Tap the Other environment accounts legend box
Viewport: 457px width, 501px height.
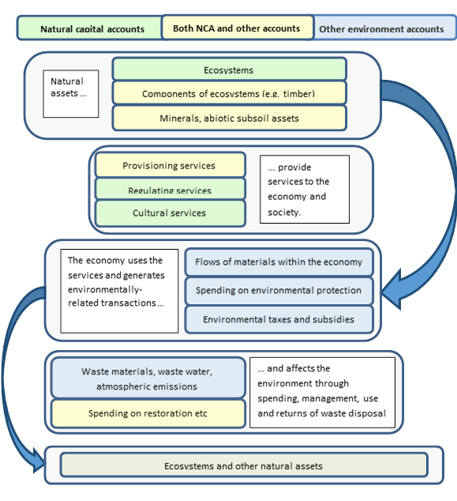click(x=381, y=29)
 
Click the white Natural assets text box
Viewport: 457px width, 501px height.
click(x=71, y=93)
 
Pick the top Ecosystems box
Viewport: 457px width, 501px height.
click(x=229, y=70)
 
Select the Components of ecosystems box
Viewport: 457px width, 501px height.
click(x=229, y=93)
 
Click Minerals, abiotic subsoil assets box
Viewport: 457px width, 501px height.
click(x=229, y=118)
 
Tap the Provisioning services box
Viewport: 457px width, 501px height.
click(x=168, y=165)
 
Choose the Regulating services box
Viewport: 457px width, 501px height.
click(x=168, y=190)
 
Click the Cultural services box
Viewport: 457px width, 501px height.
click(x=168, y=213)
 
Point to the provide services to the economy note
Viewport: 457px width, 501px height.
click(x=304, y=189)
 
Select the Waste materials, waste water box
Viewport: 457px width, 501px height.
click(x=146, y=378)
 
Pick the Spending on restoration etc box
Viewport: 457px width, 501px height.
click(x=146, y=412)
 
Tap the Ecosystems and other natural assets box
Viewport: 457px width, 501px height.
click(x=243, y=465)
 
